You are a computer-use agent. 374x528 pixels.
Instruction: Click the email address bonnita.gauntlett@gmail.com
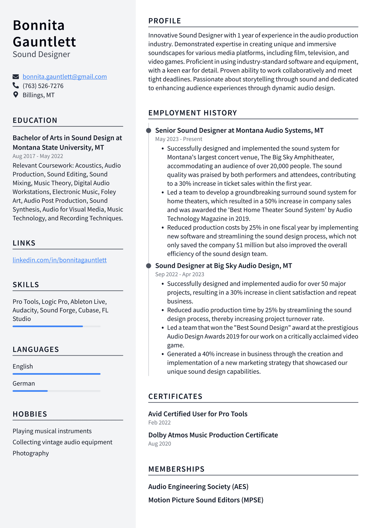coord(65,77)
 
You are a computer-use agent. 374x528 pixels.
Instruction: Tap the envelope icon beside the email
coord(16,77)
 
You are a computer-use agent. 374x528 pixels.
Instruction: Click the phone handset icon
coord(16,86)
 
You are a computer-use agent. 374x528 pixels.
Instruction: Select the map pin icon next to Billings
coord(16,95)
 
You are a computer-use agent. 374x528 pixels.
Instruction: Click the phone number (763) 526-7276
coord(43,86)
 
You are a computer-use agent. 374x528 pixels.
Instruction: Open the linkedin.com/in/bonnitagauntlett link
coord(59,260)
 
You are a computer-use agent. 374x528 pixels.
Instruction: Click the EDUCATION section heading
coord(35,120)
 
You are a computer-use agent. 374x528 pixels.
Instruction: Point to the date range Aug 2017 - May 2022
coord(38,156)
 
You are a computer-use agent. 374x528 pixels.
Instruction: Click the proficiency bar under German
coord(56,391)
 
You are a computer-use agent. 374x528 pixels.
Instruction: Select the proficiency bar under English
coord(56,374)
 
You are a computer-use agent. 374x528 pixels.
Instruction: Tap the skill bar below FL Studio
coord(56,326)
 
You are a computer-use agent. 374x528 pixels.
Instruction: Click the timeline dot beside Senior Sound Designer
coord(149,130)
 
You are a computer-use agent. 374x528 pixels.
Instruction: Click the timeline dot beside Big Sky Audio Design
coord(149,266)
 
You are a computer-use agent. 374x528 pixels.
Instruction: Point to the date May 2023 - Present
coord(179,139)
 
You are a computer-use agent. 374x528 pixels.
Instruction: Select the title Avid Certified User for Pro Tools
coord(198,414)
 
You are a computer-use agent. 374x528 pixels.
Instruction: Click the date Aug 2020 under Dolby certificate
coord(160,444)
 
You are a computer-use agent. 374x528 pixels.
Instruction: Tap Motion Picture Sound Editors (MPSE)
coord(206,500)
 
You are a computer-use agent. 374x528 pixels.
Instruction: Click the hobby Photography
coord(31,453)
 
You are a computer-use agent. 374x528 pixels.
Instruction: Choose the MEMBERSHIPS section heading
coord(176,469)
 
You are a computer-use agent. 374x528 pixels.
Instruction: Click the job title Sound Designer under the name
coord(41,54)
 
